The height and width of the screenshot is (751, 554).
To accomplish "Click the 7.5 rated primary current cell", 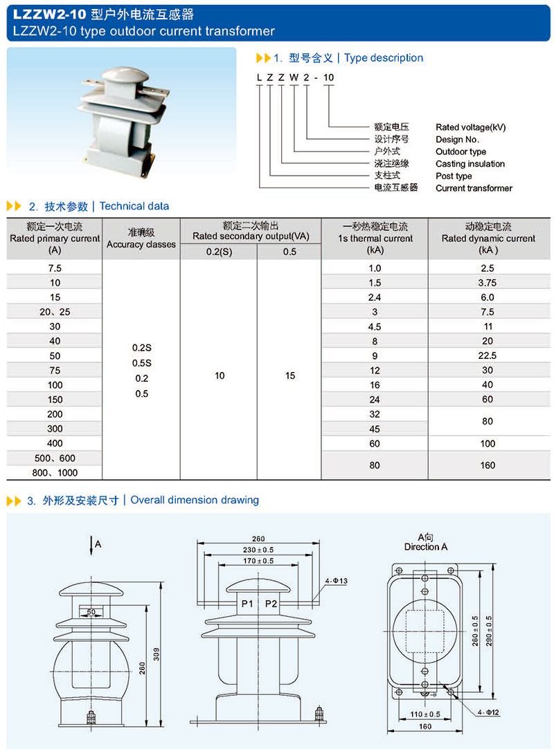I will click(55, 268).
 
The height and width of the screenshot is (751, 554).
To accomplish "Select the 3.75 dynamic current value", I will click(488, 282).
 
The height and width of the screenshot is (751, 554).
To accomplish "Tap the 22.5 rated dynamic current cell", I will click(488, 355).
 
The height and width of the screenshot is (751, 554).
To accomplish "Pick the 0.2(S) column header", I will click(219, 252).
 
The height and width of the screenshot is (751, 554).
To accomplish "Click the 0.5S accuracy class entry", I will click(141, 363).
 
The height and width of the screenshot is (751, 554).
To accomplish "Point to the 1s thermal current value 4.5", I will click(375, 326).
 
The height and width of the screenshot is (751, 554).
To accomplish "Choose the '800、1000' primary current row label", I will click(55, 473).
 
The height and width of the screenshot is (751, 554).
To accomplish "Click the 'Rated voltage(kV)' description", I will click(471, 127).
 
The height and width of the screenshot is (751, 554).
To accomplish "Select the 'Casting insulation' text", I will click(470, 164).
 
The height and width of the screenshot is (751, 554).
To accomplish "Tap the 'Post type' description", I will click(454, 176).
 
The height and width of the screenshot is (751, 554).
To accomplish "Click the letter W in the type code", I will click(294, 77).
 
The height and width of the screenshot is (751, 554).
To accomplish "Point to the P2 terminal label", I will click(271, 604).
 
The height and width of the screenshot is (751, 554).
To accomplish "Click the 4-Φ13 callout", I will click(335, 580).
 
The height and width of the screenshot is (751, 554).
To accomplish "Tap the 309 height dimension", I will click(157, 654).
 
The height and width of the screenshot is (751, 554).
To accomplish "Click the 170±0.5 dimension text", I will click(258, 561).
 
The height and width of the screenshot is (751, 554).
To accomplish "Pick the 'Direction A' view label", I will click(426, 547).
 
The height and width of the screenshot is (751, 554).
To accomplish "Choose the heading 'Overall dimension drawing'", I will click(195, 500).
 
